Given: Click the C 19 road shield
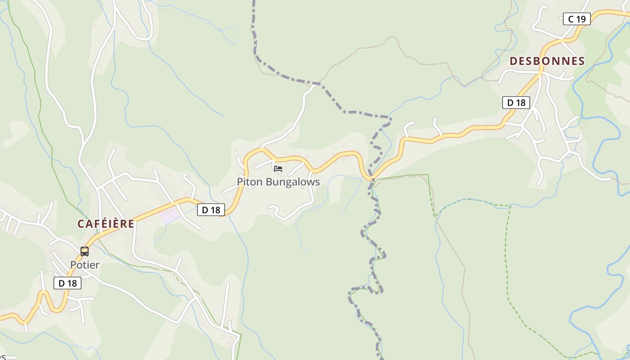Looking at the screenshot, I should point(576,19).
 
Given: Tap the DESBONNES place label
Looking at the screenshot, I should point(547,61).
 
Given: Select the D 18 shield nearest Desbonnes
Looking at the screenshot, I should point(516,103).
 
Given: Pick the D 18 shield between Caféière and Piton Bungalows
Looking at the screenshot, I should point(211,210).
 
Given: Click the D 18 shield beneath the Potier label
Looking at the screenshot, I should point(67,283).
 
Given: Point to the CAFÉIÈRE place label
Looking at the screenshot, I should point(106,224).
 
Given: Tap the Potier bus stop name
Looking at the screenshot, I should point(85,265).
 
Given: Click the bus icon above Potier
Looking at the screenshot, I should point(85,251).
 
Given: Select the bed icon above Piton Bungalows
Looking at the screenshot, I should point(278,169).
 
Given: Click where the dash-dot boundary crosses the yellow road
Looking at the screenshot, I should point(372,179).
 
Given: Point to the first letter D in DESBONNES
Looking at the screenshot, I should point(513,61).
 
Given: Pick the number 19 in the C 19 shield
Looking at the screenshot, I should point(581,19).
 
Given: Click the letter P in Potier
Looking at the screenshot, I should point(73,265).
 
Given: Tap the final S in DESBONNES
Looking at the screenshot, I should point(581,61).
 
